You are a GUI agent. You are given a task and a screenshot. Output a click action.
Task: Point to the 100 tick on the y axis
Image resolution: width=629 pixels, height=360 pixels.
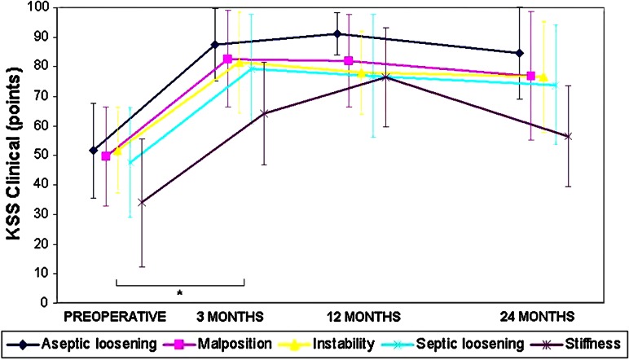pyautogui.click(x=61, y=7)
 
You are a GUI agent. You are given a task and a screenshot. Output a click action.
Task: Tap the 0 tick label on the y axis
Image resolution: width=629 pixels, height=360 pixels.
pyautogui.click(x=68, y=303)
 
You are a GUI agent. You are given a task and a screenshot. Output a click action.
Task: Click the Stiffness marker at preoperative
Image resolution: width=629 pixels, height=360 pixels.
pyautogui.click(x=142, y=202)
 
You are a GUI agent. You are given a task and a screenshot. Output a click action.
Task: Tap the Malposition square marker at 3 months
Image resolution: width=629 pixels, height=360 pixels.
pyautogui.click(x=228, y=59)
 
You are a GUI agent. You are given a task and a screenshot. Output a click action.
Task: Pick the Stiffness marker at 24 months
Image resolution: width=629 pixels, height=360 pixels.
pyautogui.click(x=568, y=136)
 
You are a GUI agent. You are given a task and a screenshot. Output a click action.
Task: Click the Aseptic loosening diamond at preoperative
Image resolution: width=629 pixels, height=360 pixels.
pyautogui.click(x=93, y=151)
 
